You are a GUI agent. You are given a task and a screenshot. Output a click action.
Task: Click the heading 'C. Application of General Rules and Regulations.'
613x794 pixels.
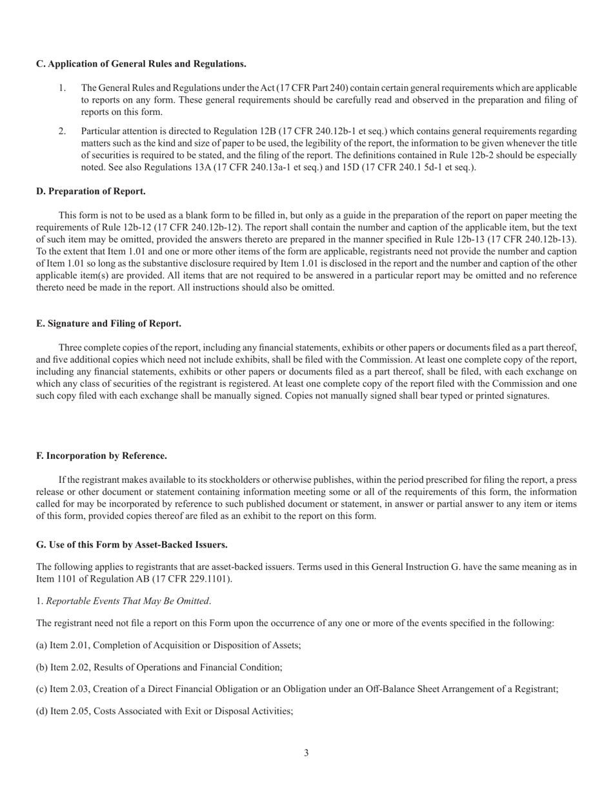(141, 64)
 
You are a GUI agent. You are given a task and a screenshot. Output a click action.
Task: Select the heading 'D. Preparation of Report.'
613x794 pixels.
(90, 191)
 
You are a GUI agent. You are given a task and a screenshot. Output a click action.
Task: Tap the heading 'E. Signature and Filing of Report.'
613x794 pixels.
(108, 323)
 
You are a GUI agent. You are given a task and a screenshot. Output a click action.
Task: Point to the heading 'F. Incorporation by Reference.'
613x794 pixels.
(101, 456)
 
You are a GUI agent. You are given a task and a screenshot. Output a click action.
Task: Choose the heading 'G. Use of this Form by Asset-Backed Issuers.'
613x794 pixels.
(132, 545)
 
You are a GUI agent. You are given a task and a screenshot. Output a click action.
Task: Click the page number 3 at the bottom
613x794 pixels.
(306, 753)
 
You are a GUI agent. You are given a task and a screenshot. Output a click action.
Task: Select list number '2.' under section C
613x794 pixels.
(63, 132)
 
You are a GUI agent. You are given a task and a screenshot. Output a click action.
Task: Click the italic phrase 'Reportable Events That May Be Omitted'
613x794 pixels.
(127, 601)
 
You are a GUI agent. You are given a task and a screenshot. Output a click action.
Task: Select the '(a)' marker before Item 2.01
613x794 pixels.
(42, 645)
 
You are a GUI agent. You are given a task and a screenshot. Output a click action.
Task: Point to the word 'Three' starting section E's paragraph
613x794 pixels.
(70, 347)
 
